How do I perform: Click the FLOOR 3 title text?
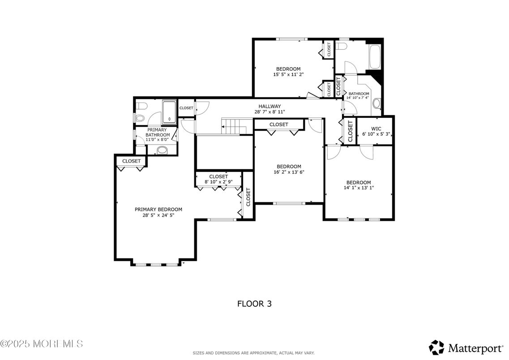click(254, 304)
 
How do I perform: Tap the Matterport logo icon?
click(436, 347)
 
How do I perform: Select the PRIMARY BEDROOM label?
click(158, 209)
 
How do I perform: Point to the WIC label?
click(376, 128)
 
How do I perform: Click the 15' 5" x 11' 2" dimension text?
click(288, 74)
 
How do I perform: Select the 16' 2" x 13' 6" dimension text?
click(289, 172)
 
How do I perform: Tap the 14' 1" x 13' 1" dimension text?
click(358, 188)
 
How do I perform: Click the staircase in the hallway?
click(235, 127)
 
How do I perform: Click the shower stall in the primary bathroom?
click(169, 111)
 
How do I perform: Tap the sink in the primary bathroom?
click(163, 150)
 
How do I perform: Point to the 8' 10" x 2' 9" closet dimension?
click(218, 182)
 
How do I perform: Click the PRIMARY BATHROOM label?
click(158, 132)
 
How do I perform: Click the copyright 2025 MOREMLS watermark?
click(42, 344)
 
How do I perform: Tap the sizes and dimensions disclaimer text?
click(253, 353)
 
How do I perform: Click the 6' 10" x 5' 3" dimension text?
click(376, 134)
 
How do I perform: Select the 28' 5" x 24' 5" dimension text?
click(158, 215)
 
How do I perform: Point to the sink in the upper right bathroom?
click(376, 103)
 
